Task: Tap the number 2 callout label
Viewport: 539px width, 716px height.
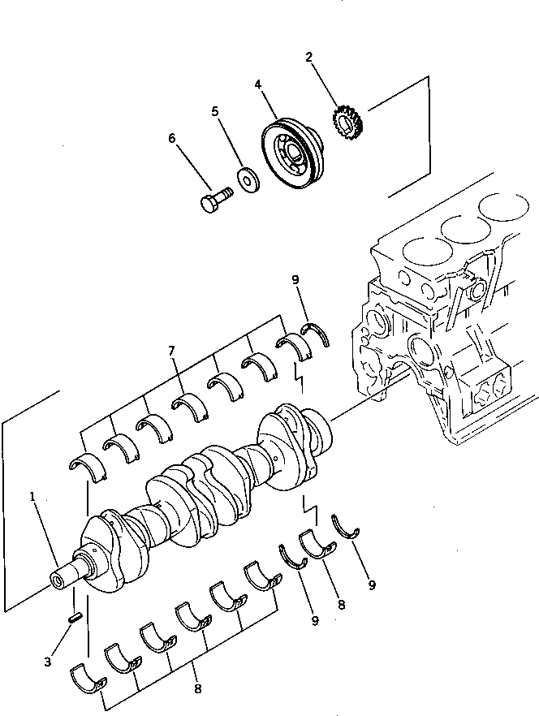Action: pyautogui.click(x=309, y=57)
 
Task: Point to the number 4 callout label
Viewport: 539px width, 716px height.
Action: pyautogui.click(x=257, y=84)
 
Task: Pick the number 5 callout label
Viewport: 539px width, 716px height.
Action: pyautogui.click(x=215, y=111)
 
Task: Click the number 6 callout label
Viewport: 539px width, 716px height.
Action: pyautogui.click(x=172, y=138)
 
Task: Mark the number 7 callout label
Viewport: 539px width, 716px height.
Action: pyautogui.click(x=171, y=350)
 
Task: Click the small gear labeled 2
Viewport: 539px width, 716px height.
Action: pyautogui.click(x=348, y=123)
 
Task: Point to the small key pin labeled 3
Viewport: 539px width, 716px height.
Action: pyautogui.click(x=75, y=618)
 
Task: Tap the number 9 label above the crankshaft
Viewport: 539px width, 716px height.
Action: pyautogui.click(x=295, y=281)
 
